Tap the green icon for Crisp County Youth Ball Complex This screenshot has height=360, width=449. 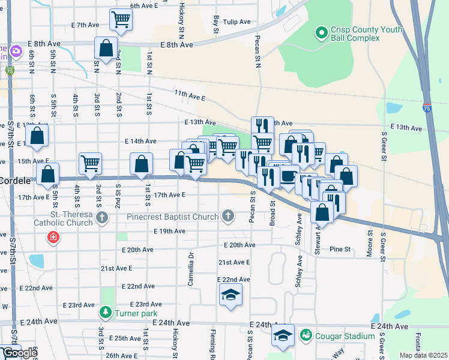click(x=321, y=32)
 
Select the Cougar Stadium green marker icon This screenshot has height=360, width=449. click(x=306, y=334)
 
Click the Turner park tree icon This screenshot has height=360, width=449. click(x=106, y=313)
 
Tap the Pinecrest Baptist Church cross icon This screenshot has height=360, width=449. click(x=228, y=215)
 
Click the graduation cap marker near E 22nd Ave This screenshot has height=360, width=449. click(x=230, y=295)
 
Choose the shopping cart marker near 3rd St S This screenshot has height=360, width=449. click(x=90, y=163)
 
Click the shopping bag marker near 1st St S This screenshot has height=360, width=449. click(x=141, y=163)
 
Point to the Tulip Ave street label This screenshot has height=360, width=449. click(x=236, y=22)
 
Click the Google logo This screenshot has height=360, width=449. click(x=19, y=353)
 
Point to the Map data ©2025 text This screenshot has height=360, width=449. click(x=424, y=355)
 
